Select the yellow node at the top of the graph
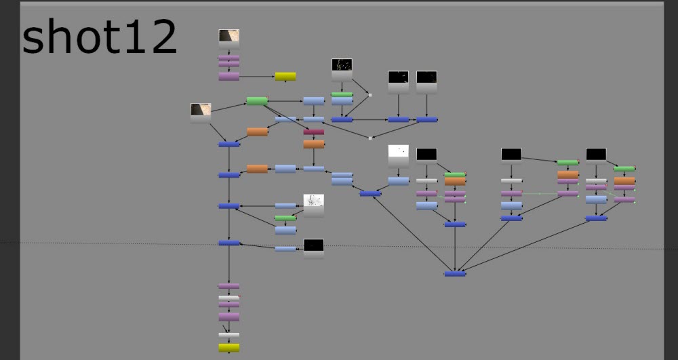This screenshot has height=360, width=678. (285, 77)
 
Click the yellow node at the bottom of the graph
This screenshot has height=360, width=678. (228, 348)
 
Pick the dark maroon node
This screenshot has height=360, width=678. (313, 132)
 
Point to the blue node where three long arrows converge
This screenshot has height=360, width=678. (455, 274)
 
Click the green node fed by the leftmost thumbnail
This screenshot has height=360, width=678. (257, 101)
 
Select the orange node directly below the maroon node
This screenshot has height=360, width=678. (313, 144)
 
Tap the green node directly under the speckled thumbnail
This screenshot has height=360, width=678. (342, 94)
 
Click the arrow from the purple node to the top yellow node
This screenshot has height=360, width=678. (257, 77)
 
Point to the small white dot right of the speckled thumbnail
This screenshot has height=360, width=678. (370, 95)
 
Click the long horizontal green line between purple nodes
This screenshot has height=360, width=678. (540, 194)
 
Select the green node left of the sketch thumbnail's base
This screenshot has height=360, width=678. (285, 218)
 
